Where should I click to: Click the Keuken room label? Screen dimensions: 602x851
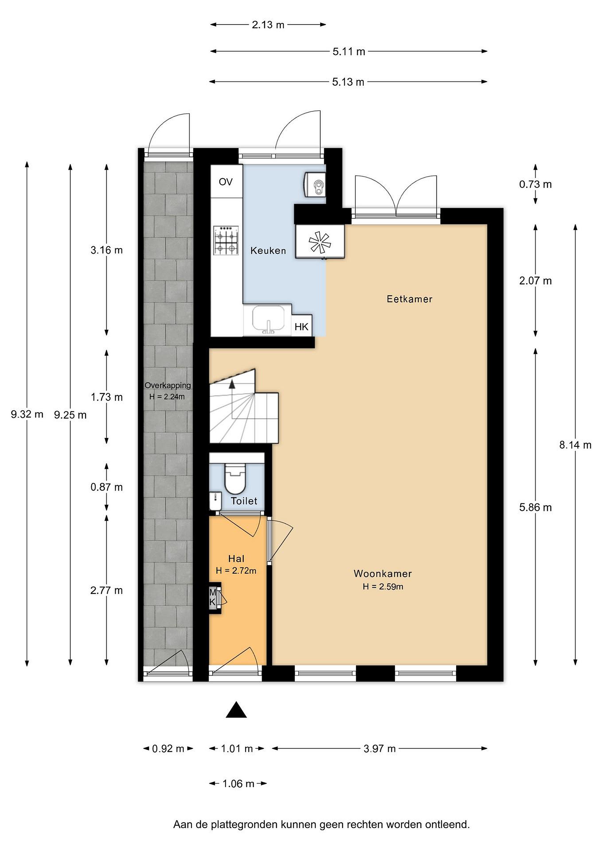[x=268, y=251]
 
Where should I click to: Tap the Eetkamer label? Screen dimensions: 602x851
[x=409, y=299]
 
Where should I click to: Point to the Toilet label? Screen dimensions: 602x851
[x=244, y=501]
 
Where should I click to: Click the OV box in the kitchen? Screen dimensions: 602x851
[x=226, y=182]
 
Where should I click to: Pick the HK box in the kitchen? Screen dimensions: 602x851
[x=301, y=327]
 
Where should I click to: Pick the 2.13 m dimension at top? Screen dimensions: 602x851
[x=268, y=25]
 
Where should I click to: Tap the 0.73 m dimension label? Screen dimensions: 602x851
[x=535, y=184]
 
